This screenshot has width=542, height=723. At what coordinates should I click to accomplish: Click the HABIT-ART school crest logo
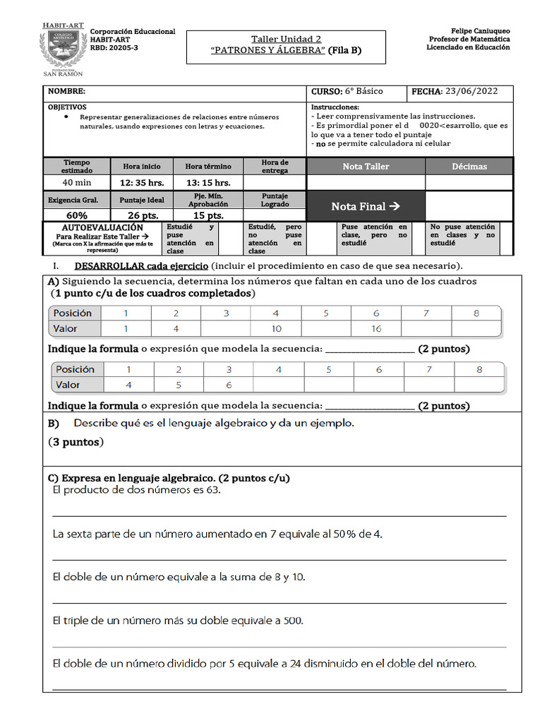coord(64,50)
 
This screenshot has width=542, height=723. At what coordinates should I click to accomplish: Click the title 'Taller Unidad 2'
coord(286,40)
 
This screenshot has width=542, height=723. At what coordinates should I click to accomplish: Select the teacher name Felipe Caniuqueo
coord(469,31)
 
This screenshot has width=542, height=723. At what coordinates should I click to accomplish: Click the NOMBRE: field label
coord(66,92)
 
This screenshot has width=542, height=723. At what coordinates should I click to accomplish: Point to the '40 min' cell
coord(77,183)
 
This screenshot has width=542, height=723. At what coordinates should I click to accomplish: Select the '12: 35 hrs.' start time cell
coord(142,183)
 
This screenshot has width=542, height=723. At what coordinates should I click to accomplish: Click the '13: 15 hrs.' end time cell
coord(207,183)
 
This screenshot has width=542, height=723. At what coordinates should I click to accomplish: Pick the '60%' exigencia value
coord(77,215)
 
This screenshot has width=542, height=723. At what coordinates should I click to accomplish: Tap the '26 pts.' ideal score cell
coord(142,215)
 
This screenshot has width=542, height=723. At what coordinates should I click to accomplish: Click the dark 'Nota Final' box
coord(366,206)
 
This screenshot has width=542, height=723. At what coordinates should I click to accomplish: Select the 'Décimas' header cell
coord(469,167)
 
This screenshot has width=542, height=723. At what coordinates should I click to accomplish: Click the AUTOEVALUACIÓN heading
coord(102,227)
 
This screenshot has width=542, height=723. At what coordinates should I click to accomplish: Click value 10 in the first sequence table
coord(276,328)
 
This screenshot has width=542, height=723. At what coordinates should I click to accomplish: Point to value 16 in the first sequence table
coord(376,328)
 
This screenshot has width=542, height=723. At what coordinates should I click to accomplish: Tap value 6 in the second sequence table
coord(229,385)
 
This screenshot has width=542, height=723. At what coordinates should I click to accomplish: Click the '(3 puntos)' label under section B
coord(76,443)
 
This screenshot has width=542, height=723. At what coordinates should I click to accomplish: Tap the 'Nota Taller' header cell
coord(366,167)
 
